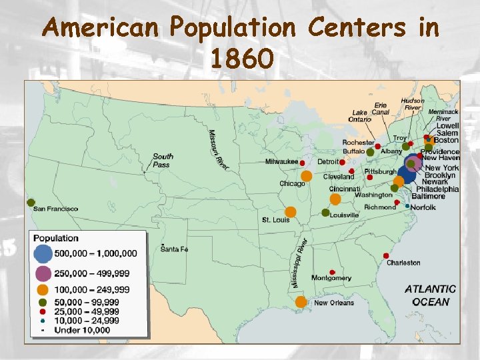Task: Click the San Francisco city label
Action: click(x=56, y=209)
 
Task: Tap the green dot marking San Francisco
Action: click(x=31, y=202)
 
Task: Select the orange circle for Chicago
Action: click(x=306, y=177)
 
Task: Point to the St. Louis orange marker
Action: click(x=291, y=211)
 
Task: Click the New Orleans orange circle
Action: click(x=301, y=302)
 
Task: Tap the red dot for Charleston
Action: click(x=387, y=255)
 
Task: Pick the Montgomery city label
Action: click(x=331, y=278)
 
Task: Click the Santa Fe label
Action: click(x=175, y=249)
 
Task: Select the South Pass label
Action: click(x=163, y=160)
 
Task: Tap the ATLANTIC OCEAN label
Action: click(x=431, y=295)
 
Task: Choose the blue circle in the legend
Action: click(x=43, y=253)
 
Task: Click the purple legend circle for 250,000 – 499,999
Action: click(x=43, y=273)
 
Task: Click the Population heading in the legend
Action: click(x=56, y=238)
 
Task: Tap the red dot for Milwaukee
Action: click(x=302, y=162)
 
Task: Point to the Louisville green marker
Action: click(x=325, y=213)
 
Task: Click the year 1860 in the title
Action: click(x=241, y=60)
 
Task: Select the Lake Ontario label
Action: click(x=360, y=116)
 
